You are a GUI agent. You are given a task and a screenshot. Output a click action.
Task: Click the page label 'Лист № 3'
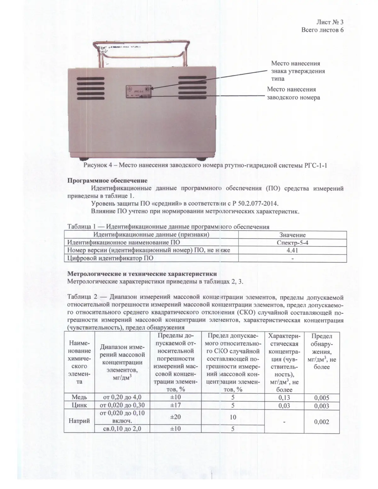[x=329, y=22]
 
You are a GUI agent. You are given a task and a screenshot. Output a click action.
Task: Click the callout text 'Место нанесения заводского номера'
[x=293, y=93]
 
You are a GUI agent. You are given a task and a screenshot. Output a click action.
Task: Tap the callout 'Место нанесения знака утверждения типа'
[x=298, y=71]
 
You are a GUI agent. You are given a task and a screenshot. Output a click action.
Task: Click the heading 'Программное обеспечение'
[x=107, y=181]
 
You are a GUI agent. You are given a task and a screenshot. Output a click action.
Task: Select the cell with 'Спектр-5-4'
[x=292, y=243]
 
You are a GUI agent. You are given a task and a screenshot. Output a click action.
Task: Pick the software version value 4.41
[x=292, y=250]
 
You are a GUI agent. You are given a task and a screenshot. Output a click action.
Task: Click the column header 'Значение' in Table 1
[x=292, y=235]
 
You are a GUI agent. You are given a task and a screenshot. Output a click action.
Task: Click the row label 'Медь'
[x=79, y=397]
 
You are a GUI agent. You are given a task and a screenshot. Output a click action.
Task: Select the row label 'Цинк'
[x=79, y=405]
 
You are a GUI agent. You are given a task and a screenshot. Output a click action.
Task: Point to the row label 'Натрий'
[x=79, y=421]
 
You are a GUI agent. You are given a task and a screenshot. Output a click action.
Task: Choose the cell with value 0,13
[x=284, y=397]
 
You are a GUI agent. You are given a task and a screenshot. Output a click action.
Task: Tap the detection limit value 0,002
[x=322, y=422]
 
